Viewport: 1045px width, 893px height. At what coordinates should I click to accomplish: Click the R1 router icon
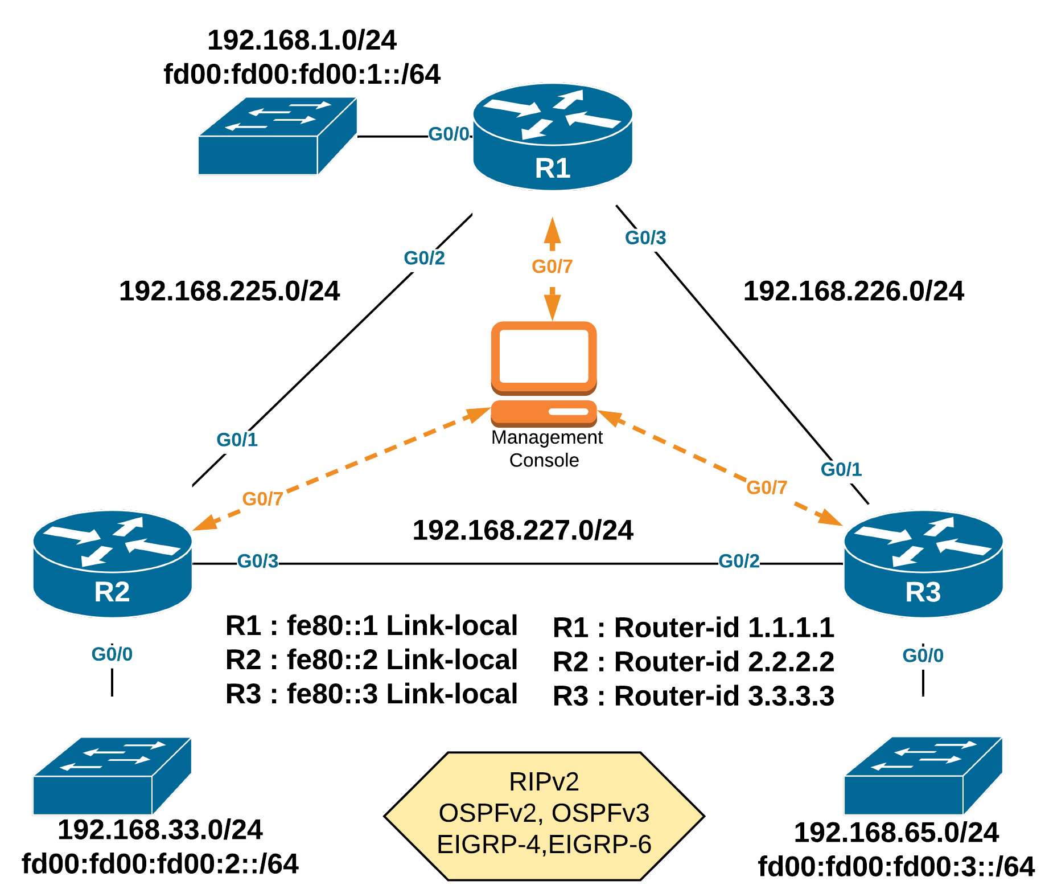(553, 137)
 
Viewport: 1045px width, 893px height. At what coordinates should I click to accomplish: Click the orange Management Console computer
(544, 374)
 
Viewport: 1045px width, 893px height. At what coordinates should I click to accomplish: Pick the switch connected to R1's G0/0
(277, 137)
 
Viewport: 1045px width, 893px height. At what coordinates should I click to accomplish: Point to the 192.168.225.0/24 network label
(229, 291)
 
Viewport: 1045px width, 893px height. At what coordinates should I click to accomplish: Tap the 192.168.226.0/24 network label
(854, 291)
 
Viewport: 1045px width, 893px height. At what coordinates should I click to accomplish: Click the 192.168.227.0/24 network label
(522, 530)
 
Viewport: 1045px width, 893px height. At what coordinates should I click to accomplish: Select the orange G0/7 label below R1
(552, 266)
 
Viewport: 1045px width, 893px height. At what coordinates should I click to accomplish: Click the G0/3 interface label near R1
(645, 237)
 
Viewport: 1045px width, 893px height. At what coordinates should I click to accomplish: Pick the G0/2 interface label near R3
(739, 561)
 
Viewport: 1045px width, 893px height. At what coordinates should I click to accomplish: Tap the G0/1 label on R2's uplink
(237, 440)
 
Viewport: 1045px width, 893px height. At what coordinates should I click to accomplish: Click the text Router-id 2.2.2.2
(693, 662)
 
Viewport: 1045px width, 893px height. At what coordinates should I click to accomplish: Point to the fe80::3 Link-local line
(371, 694)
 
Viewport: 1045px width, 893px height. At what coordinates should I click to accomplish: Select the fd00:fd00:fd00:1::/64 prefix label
(302, 75)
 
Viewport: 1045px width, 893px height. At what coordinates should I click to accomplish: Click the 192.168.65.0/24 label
(896, 833)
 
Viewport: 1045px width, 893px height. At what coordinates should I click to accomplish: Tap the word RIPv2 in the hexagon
(544, 782)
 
